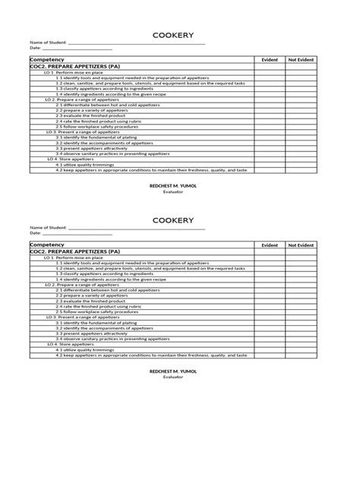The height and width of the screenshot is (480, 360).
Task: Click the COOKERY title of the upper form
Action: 172,35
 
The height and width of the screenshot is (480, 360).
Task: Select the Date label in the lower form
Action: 35,233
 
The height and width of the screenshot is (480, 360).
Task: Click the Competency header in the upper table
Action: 46,59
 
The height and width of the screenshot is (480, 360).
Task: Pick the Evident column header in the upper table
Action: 270,59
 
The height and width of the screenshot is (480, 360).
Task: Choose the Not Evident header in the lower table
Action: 301,245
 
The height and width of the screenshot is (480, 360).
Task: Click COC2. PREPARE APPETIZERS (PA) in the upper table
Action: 74,66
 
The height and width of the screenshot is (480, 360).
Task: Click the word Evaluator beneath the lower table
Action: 172,377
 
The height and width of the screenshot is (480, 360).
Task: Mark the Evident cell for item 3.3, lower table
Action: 270,333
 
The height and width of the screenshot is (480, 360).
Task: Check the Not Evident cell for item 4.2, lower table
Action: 301,355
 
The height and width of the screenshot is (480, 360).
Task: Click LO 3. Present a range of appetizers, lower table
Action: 82,317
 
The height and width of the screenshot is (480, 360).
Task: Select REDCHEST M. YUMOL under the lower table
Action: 172,371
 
